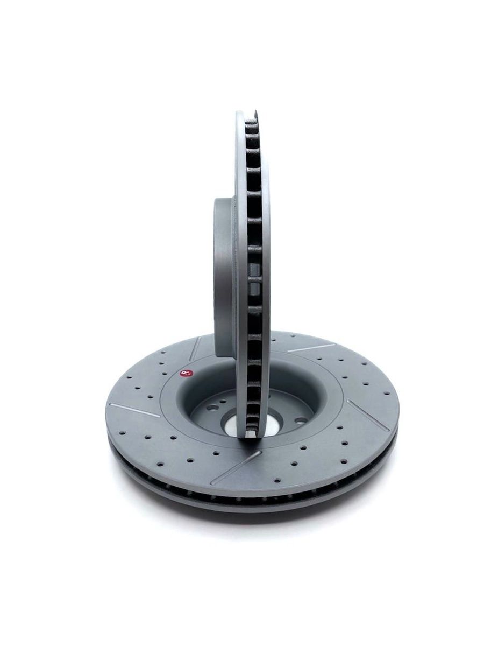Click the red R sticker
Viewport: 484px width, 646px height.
tap(185, 373)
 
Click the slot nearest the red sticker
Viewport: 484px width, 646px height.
tap(195, 348)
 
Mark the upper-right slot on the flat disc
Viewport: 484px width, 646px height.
tap(311, 348)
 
